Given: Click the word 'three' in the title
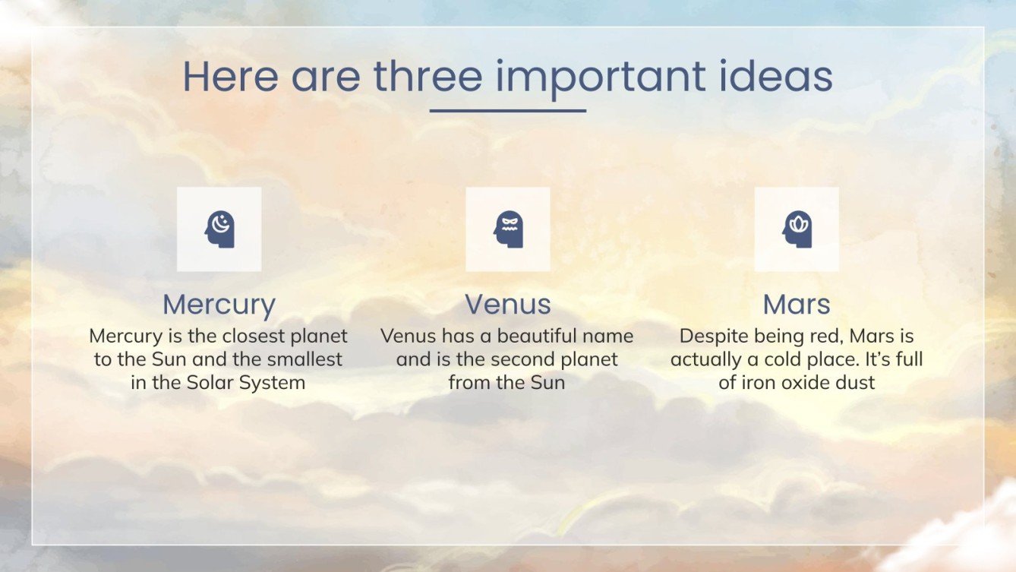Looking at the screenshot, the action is [x=428, y=76].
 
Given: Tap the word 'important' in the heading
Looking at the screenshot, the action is [x=601, y=79].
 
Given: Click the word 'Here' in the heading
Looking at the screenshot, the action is [x=230, y=76].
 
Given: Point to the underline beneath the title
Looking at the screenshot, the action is [x=507, y=111].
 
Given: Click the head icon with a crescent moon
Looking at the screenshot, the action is [x=219, y=229].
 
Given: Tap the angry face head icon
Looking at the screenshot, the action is [x=508, y=229].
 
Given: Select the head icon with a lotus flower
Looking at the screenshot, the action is [x=797, y=229].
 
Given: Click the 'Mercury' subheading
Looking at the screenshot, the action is [x=219, y=305].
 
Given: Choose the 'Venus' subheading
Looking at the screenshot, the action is [x=508, y=305].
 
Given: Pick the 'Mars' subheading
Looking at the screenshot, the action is [x=797, y=305].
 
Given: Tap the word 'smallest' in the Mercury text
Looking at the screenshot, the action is [x=304, y=359].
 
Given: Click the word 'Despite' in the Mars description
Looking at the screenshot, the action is [x=709, y=337].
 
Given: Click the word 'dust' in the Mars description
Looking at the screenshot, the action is [x=857, y=382].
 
